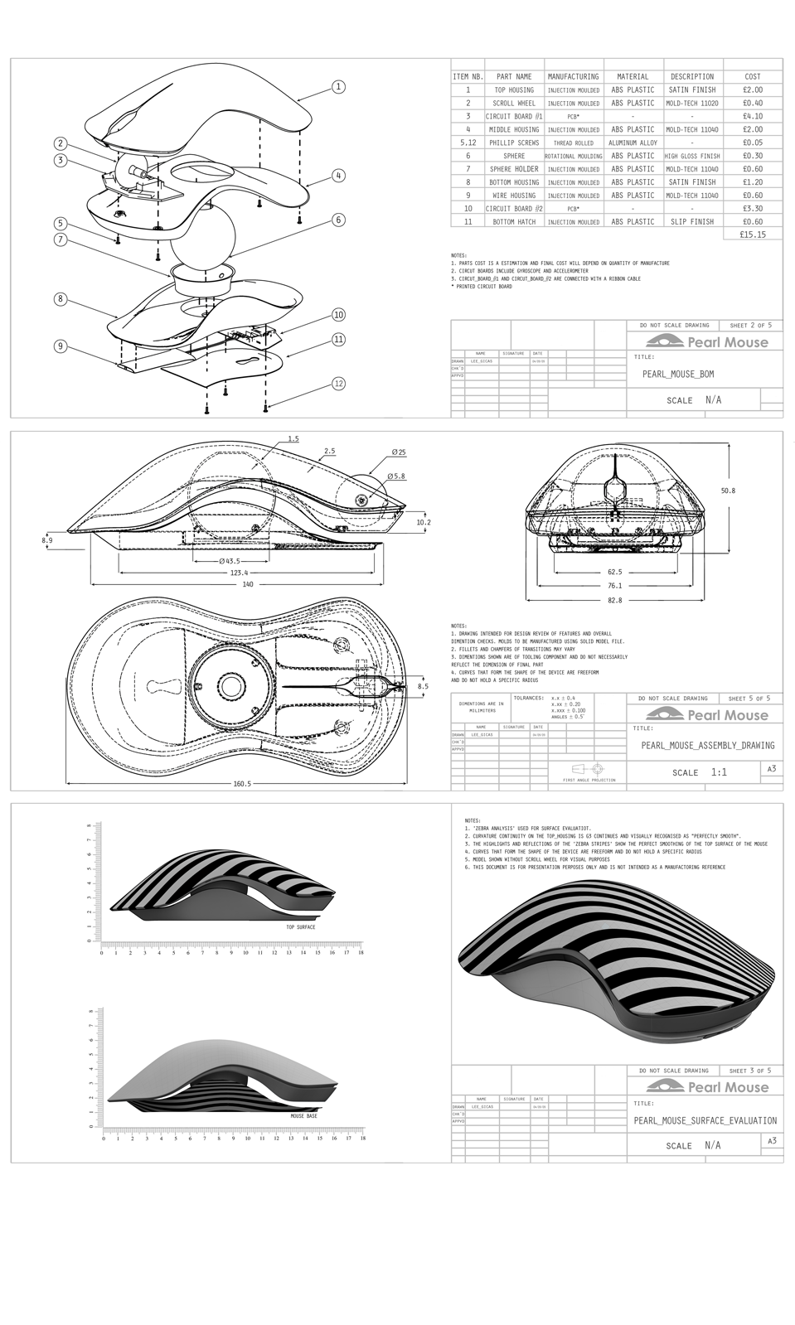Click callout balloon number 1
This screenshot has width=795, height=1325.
(338, 86)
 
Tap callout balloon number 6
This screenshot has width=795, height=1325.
(338, 220)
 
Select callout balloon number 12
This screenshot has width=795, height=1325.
(338, 383)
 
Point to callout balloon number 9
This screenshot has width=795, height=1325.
(61, 346)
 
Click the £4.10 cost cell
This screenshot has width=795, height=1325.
(753, 116)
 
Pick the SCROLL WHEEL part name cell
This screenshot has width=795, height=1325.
(514, 103)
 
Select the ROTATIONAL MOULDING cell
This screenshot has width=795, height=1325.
(573, 156)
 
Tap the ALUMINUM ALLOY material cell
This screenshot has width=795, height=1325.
(633, 143)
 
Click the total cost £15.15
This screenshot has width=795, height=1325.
(752, 235)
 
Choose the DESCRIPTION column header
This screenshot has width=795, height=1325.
(692, 76)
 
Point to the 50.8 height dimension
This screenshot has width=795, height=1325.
(727, 491)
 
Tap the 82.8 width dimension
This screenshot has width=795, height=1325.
(614, 600)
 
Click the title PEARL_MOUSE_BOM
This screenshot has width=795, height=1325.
(678, 374)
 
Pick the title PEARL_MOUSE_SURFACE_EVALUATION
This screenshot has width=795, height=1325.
(705, 1120)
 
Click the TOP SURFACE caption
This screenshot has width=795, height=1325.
(300, 926)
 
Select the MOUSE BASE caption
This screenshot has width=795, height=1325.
(303, 1116)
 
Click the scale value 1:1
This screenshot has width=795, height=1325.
(719, 772)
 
